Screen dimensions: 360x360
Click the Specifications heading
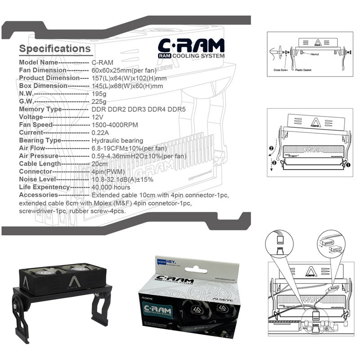pos(55,49)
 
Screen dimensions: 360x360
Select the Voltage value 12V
pos(97,117)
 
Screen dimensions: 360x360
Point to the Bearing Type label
pos(39,141)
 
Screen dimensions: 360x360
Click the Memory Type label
pos(40,109)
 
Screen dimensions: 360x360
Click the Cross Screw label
pos(281,70)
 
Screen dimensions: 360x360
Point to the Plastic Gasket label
pos(304,70)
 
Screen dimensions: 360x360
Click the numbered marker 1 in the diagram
pos(348,165)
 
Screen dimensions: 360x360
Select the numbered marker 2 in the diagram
pos(271,148)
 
